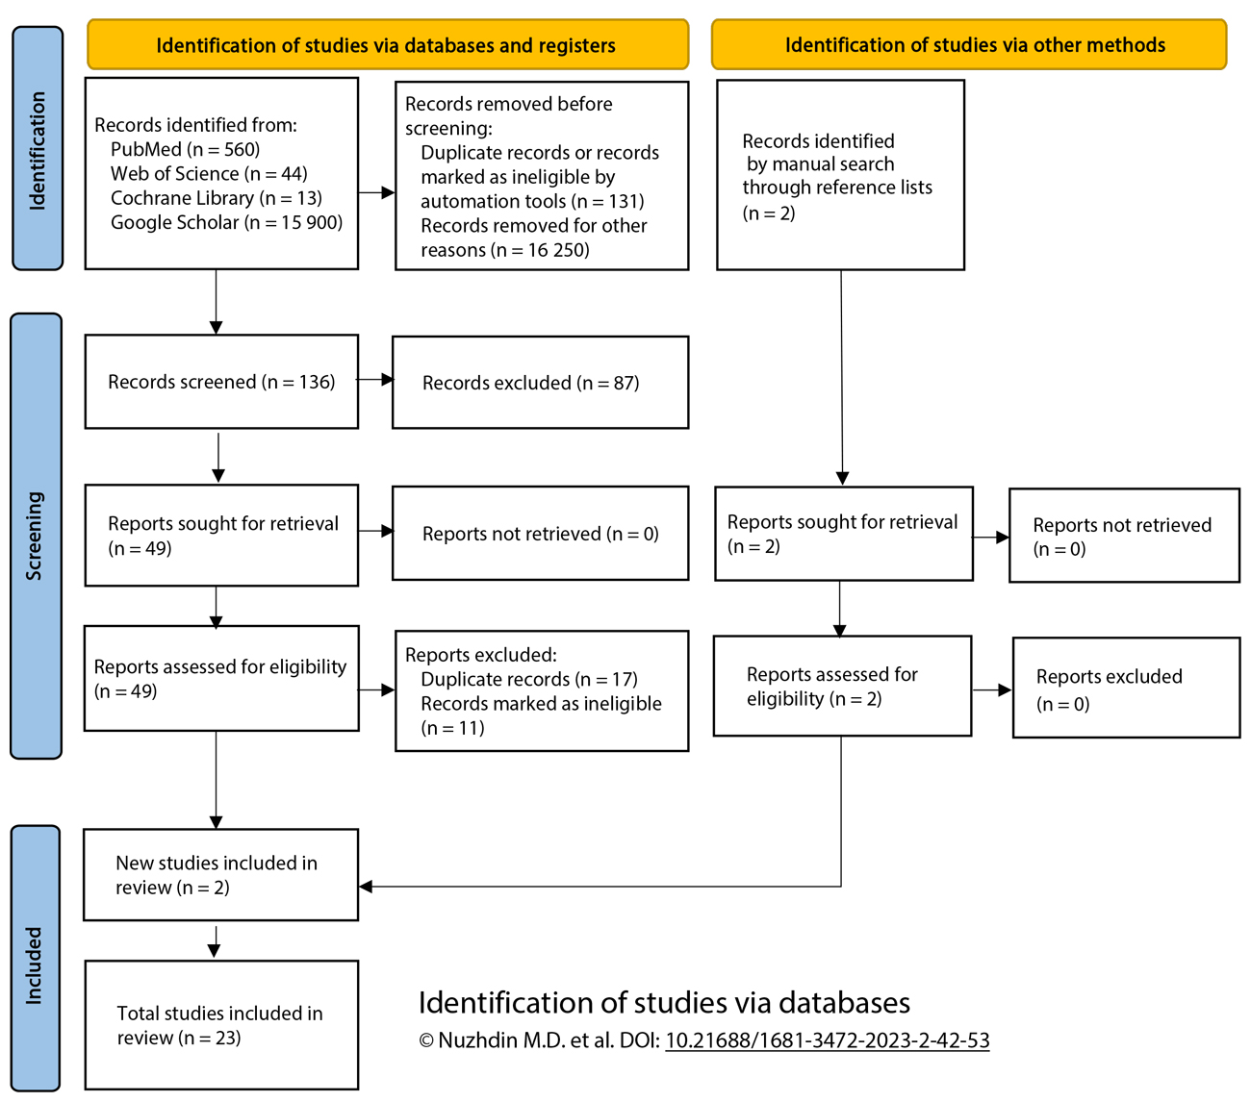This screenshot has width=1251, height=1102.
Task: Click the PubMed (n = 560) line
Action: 185,149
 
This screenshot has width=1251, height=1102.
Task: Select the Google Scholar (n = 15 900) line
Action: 226,222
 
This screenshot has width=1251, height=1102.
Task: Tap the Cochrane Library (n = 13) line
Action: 216,198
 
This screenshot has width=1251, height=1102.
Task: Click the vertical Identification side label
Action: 38,149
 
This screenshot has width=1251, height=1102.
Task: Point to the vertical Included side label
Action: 35,964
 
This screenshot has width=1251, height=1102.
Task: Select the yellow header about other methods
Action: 969,45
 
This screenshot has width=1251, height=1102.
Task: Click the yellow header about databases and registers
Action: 387,45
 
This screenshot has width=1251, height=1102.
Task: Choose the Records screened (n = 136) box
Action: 221,382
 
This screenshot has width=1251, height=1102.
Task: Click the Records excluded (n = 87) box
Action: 540,383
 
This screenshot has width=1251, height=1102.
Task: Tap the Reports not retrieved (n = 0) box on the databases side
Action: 540,534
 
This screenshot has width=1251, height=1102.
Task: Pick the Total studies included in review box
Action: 221,1025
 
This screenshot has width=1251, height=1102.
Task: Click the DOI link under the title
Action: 827,1040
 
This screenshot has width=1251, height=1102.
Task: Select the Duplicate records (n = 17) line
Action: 529,679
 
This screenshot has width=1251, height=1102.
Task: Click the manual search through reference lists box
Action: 840,175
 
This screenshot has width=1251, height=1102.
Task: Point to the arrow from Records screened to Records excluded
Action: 376,380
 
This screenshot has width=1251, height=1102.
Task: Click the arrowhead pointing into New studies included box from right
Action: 367,887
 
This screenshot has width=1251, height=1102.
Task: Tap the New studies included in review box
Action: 221,875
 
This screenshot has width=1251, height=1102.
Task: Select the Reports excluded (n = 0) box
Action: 1125,689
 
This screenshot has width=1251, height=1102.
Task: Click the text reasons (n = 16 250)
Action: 504,250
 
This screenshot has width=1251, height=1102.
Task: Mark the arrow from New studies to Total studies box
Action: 214,942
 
